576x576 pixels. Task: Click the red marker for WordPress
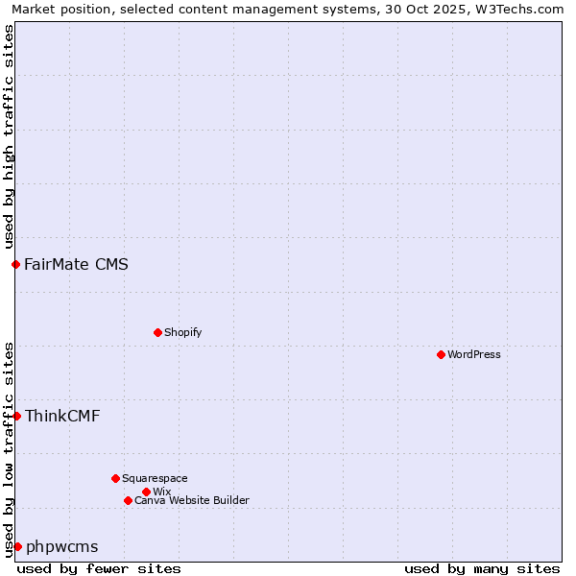click(441, 354)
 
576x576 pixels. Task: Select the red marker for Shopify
click(157, 332)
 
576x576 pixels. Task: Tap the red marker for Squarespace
click(115, 478)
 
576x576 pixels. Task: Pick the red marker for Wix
click(146, 492)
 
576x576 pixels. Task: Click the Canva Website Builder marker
click(128, 500)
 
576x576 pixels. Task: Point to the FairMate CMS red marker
click(15, 264)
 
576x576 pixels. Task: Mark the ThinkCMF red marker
click(16, 416)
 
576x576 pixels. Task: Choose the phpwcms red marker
click(17, 546)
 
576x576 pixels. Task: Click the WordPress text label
click(474, 354)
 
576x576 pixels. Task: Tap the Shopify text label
click(183, 332)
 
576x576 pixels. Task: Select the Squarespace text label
click(155, 478)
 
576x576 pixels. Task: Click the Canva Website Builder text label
click(192, 500)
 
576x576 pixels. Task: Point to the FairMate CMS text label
click(77, 264)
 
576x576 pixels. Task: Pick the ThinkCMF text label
click(62, 416)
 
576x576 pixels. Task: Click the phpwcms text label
click(61, 547)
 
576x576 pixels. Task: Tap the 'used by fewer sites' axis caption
click(99, 568)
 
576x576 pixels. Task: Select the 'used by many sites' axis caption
click(482, 568)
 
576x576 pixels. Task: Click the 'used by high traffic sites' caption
click(9, 136)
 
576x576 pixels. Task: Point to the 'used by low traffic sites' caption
click(9, 449)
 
